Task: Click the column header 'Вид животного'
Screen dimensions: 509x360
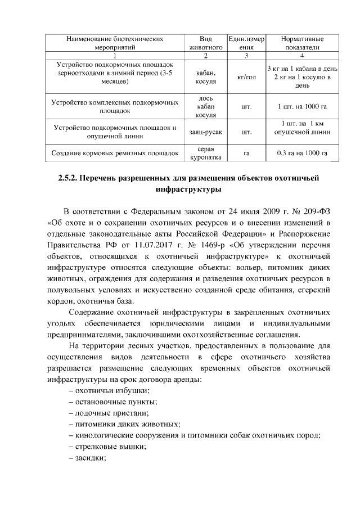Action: [x=206, y=44]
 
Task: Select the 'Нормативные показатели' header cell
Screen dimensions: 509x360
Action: [x=302, y=44]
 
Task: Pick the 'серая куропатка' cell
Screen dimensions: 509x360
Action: [x=206, y=153]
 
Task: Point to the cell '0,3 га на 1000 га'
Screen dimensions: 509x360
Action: [x=302, y=153]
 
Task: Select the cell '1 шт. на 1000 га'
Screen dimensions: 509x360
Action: [x=302, y=106]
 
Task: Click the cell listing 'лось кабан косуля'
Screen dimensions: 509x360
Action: [x=206, y=106]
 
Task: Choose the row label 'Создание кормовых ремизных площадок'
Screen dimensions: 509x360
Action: [x=115, y=153]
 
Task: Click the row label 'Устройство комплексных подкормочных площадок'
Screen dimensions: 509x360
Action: [x=115, y=106]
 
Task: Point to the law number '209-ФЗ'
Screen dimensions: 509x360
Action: [x=315, y=211]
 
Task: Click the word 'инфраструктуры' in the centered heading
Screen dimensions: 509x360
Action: [x=180, y=190]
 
